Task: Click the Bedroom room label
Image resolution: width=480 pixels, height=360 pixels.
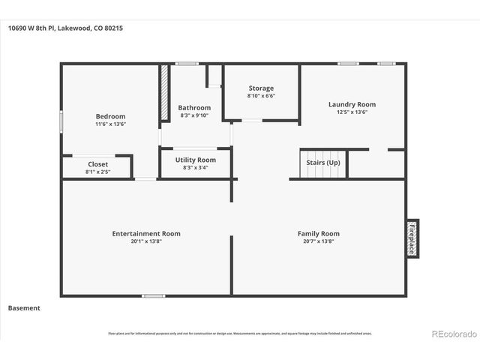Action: click(x=110, y=116)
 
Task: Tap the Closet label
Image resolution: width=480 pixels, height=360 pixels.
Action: click(x=97, y=164)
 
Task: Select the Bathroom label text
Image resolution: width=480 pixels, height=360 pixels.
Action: click(x=194, y=108)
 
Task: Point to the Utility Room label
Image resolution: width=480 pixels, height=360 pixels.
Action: click(x=195, y=160)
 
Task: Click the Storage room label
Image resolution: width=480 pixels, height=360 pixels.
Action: click(x=261, y=88)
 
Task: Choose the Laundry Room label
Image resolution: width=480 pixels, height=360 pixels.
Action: click(x=352, y=104)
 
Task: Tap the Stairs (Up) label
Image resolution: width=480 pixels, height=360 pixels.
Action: click(x=323, y=163)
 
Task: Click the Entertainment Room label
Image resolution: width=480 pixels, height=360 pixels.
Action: click(x=146, y=234)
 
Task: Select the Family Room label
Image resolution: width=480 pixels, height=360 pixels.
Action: click(x=319, y=234)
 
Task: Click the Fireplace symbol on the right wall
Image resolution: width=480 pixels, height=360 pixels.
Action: click(x=412, y=238)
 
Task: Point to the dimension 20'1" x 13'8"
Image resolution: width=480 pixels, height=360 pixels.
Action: click(x=146, y=241)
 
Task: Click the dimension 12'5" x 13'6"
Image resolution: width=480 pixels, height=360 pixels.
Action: click(x=352, y=112)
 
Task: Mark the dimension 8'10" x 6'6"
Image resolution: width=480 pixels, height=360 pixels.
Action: click(x=261, y=96)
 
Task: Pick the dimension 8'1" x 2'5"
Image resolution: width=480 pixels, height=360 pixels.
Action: click(x=97, y=172)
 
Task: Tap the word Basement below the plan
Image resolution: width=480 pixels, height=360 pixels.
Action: click(x=24, y=307)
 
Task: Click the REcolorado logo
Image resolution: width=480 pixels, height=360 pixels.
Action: click(x=453, y=333)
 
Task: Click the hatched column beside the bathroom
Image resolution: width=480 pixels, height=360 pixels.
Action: click(x=163, y=94)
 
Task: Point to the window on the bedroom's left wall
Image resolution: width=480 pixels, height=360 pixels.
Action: click(x=61, y=121)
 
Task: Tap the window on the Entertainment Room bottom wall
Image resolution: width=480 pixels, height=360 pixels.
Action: click(x=154, y=295)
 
